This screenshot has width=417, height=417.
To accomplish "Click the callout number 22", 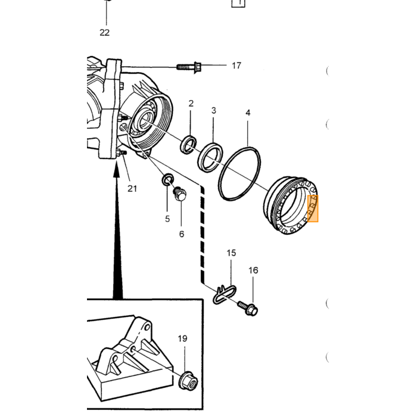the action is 104,33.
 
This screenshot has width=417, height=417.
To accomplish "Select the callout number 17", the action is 236,66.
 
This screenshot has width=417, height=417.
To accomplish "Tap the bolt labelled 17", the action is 189,67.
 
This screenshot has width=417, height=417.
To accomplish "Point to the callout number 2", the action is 191,104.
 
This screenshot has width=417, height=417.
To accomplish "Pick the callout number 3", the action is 213,111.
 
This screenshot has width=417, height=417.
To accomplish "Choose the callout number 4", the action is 248,113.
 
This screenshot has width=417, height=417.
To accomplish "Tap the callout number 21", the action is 132,189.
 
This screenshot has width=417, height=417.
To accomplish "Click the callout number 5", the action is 167,219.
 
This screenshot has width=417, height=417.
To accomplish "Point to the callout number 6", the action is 181,234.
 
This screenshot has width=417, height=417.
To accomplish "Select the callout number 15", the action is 231,253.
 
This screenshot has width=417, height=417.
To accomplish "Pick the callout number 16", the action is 253,270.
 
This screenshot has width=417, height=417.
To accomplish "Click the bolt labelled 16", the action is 248,308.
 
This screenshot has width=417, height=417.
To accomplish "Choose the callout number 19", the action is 182,338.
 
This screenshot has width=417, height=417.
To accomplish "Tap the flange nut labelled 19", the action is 188,381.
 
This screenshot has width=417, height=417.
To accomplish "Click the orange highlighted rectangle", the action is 313,208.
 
